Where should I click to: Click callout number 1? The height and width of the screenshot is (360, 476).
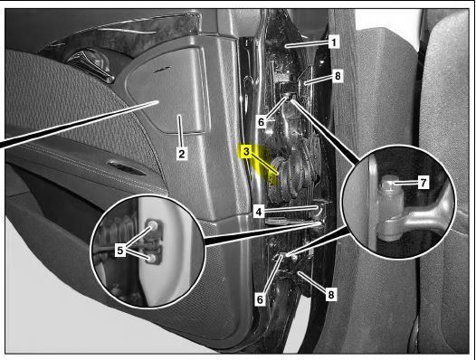(334, 42)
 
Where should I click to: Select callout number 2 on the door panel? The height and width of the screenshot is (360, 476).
(181, 154)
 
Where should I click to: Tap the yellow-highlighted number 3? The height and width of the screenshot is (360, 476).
(246, 151)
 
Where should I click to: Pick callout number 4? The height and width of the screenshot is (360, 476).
(259, 212)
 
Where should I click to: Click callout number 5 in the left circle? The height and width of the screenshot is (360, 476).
(120, 251)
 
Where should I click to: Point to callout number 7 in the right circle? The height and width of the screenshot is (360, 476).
(424, 183)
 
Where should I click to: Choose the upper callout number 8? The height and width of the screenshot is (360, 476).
(338, 76)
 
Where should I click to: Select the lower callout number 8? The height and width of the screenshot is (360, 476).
(331, 295)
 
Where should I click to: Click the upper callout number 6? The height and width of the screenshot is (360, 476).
(262, 122)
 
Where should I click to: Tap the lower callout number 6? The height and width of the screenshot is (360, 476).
(260, 299)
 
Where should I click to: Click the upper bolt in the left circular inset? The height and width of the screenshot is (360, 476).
(152, 225)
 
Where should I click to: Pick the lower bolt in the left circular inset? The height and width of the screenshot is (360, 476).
(152, 259)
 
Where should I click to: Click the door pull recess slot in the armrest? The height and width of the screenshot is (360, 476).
(127, 169)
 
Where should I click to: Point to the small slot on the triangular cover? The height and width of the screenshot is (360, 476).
(163, 70)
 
